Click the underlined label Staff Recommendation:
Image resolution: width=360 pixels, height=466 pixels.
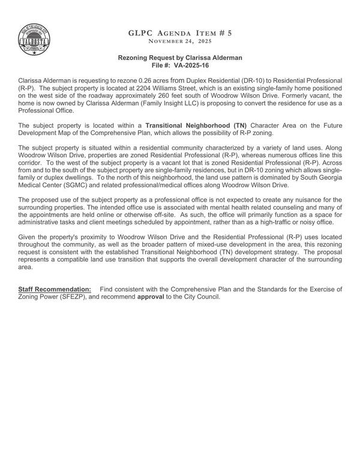(x=55, y=289)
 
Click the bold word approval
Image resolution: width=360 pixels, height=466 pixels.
(x=151, y=297)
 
